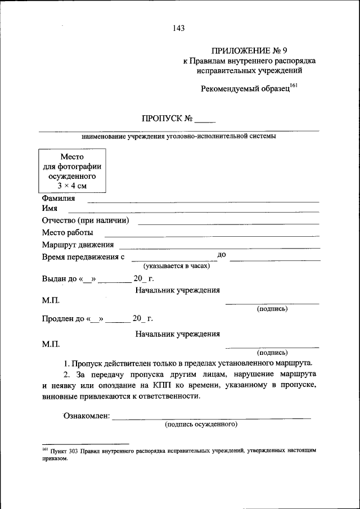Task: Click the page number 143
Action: point(179,27)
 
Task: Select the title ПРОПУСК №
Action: point(168,119)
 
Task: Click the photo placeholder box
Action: point(71,169)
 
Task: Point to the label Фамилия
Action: point(58,199)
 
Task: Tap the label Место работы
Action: point(67,232)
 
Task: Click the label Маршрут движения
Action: point(78,245)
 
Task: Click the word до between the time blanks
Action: point(221,255)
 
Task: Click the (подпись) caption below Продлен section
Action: point(272,353)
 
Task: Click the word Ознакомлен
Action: point(86,417)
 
